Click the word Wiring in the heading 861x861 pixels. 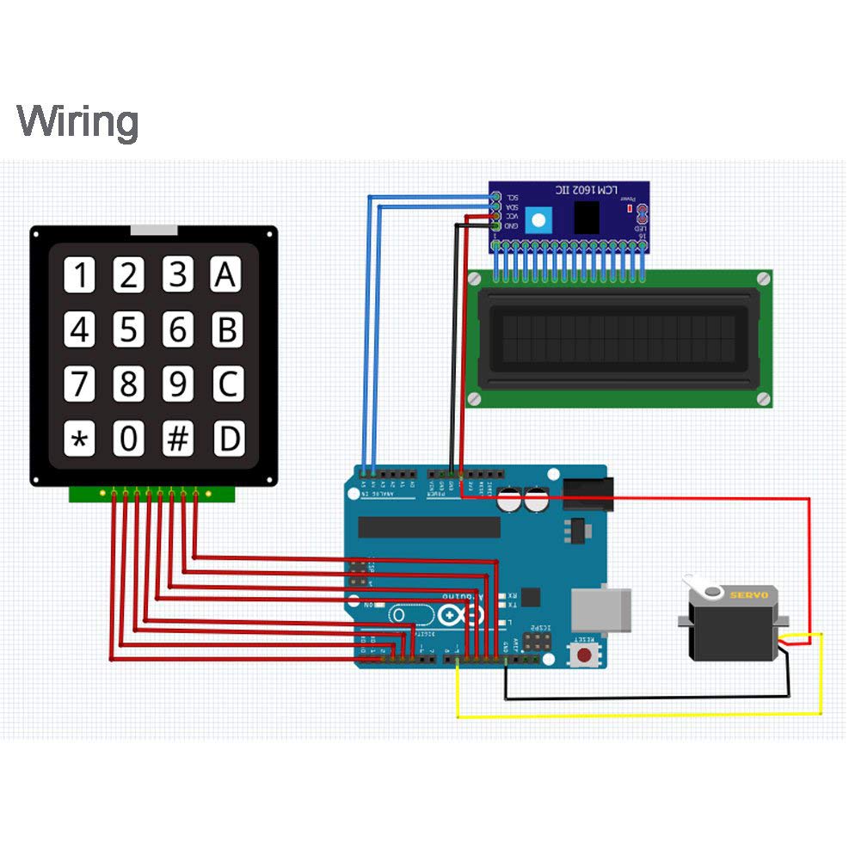click(77, 121)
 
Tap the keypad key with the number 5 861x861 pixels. click(128, 330)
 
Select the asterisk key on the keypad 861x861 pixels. click(79, 440)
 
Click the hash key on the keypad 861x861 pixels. click(177, 440)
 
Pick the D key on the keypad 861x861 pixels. click(228, 440)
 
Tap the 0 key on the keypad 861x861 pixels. click(128, 440)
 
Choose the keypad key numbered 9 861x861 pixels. click(177, 384)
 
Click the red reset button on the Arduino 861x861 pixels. click(587, 655)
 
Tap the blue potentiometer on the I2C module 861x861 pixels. click(538, 219)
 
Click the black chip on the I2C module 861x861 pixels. click(588, 217)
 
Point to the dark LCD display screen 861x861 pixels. click(618, 338)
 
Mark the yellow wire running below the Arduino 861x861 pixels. click(637, 715)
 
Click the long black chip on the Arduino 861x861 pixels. click(428, 527)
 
